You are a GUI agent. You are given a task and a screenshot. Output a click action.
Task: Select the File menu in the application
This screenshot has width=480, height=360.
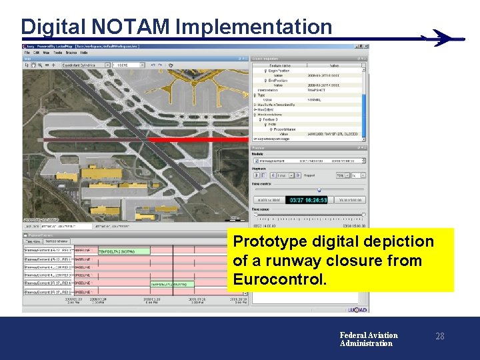click(28, 52)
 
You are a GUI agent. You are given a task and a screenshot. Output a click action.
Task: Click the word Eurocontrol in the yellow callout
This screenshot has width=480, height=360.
click(280, 279)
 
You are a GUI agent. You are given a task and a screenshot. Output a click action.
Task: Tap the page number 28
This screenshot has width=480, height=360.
click(439, 337)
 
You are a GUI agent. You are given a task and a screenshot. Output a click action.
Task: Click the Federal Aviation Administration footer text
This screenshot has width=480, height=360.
click(368, 339)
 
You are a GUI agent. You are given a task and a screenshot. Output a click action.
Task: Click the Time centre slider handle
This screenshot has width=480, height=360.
click(319, 190)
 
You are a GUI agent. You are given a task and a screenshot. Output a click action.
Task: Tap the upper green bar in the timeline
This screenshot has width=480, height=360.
click(117, 251)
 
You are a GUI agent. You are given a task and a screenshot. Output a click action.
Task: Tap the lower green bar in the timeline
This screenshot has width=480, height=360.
click(168, 283)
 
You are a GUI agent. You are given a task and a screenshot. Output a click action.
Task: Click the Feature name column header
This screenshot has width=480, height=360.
click(277, 65)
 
